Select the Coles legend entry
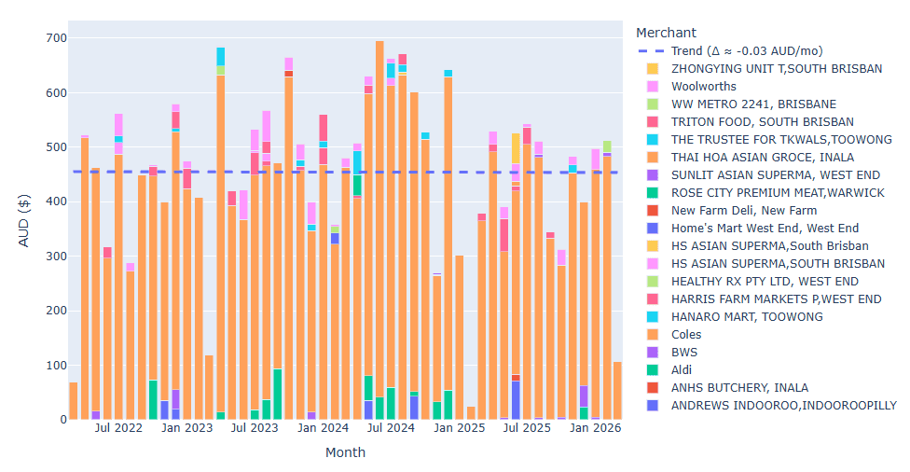coord(685,335)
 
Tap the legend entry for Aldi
coord(682,370)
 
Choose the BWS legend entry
coord(683,353)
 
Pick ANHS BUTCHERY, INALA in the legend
coord(739,388)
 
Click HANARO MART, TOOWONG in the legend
coord(747,317)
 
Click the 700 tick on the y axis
coord(55,38)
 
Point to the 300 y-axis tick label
coord(55,257)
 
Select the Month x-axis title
coord(345,452)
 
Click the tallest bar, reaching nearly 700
coord(379,233)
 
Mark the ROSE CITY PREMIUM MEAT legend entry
coord(778,193)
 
